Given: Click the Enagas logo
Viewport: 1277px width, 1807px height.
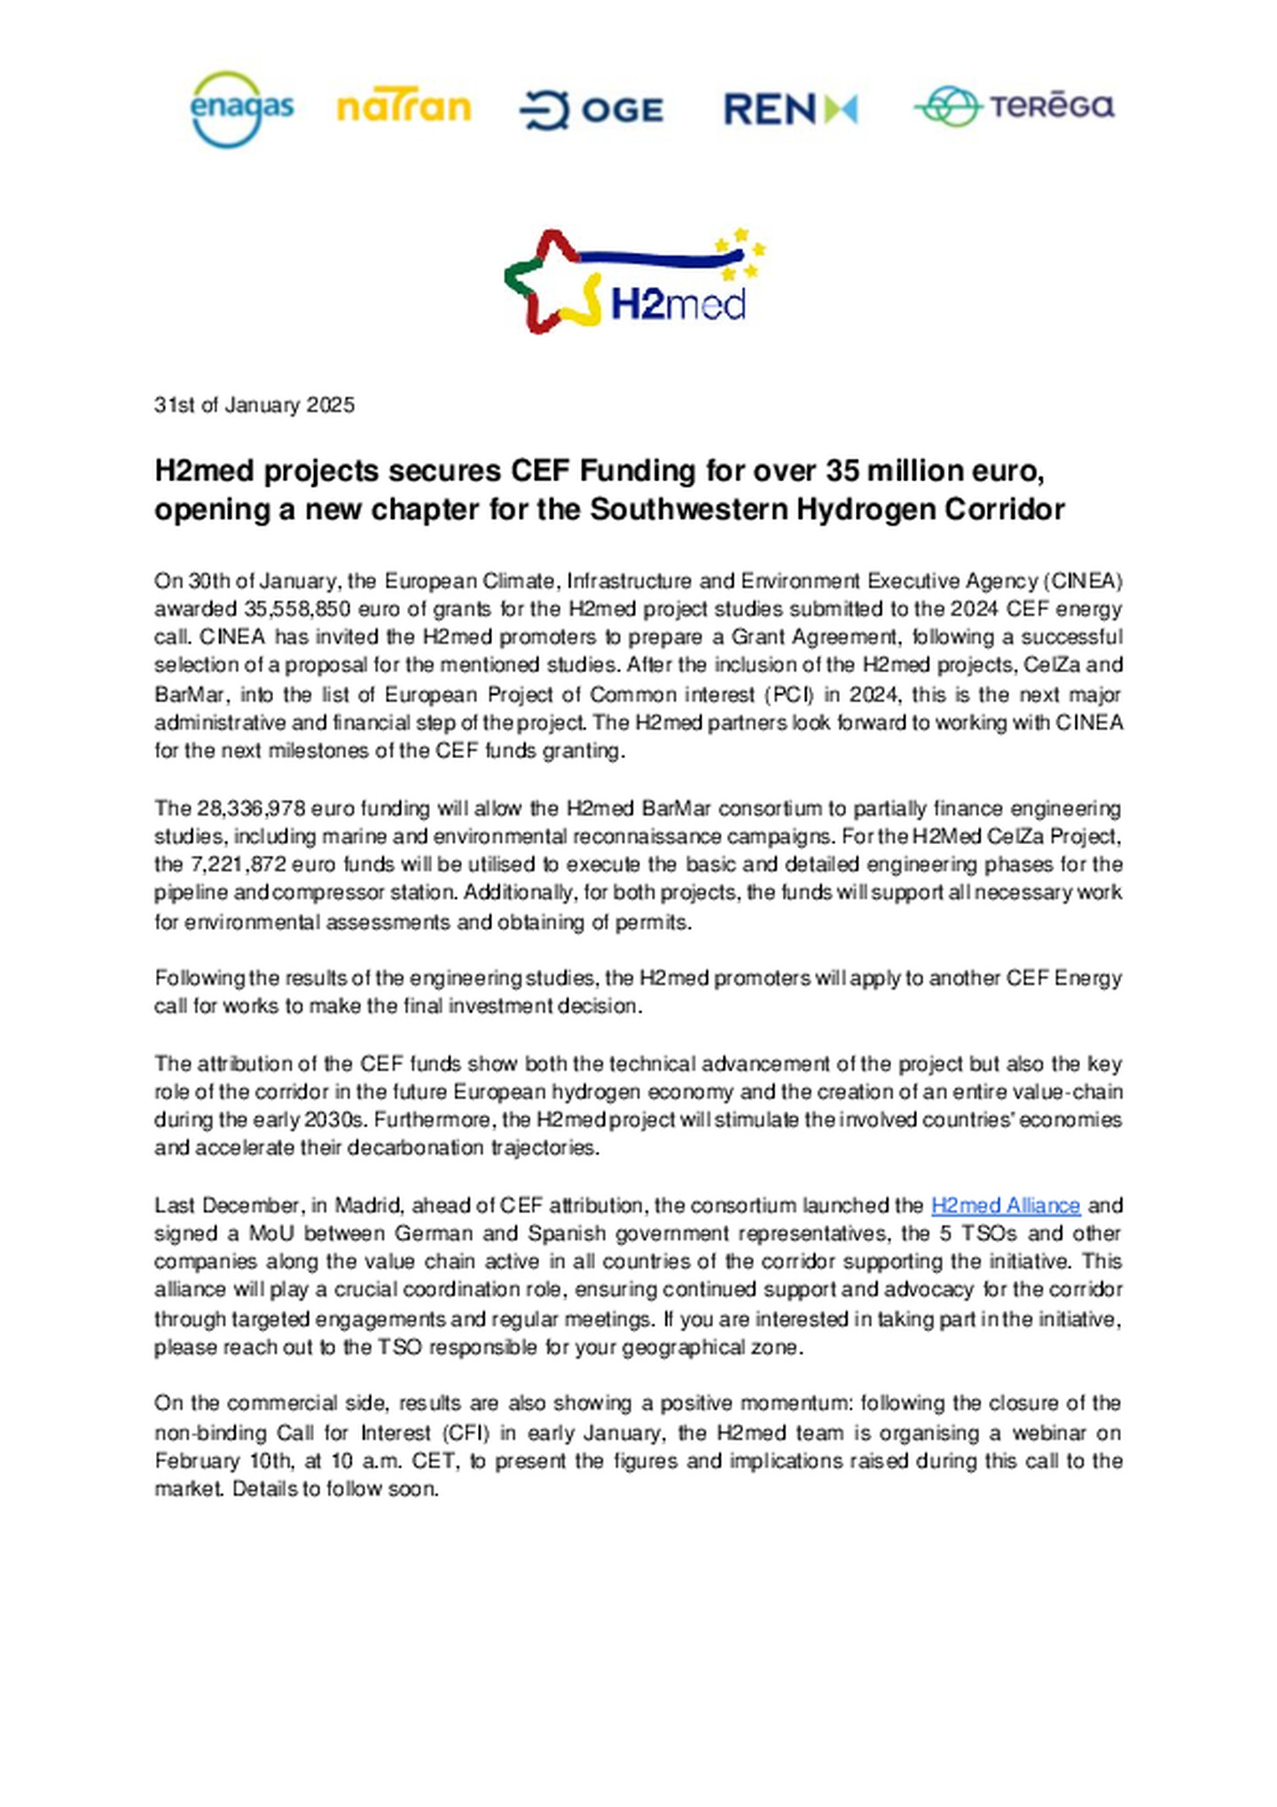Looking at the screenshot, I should click(241, 109).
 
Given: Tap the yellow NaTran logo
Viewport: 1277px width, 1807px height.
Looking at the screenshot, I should click(403, 107).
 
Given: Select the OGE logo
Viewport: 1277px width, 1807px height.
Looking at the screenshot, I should click(591, 110).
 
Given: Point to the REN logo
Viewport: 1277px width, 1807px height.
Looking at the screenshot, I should click(790, 109).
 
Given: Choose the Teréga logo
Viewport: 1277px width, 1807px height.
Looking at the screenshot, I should click(1014, 106).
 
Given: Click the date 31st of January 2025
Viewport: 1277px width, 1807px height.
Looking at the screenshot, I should click(255, 405).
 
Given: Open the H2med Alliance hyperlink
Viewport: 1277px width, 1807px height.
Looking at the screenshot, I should click(1006, 1205).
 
